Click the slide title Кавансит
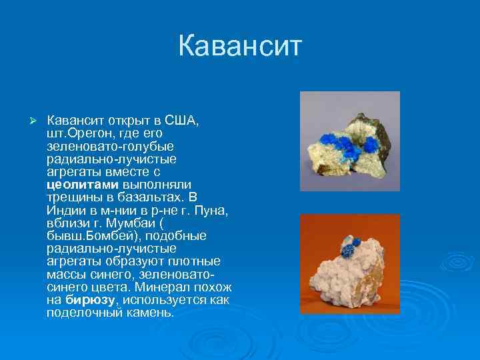[240, 47]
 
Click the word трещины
[71, 198]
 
